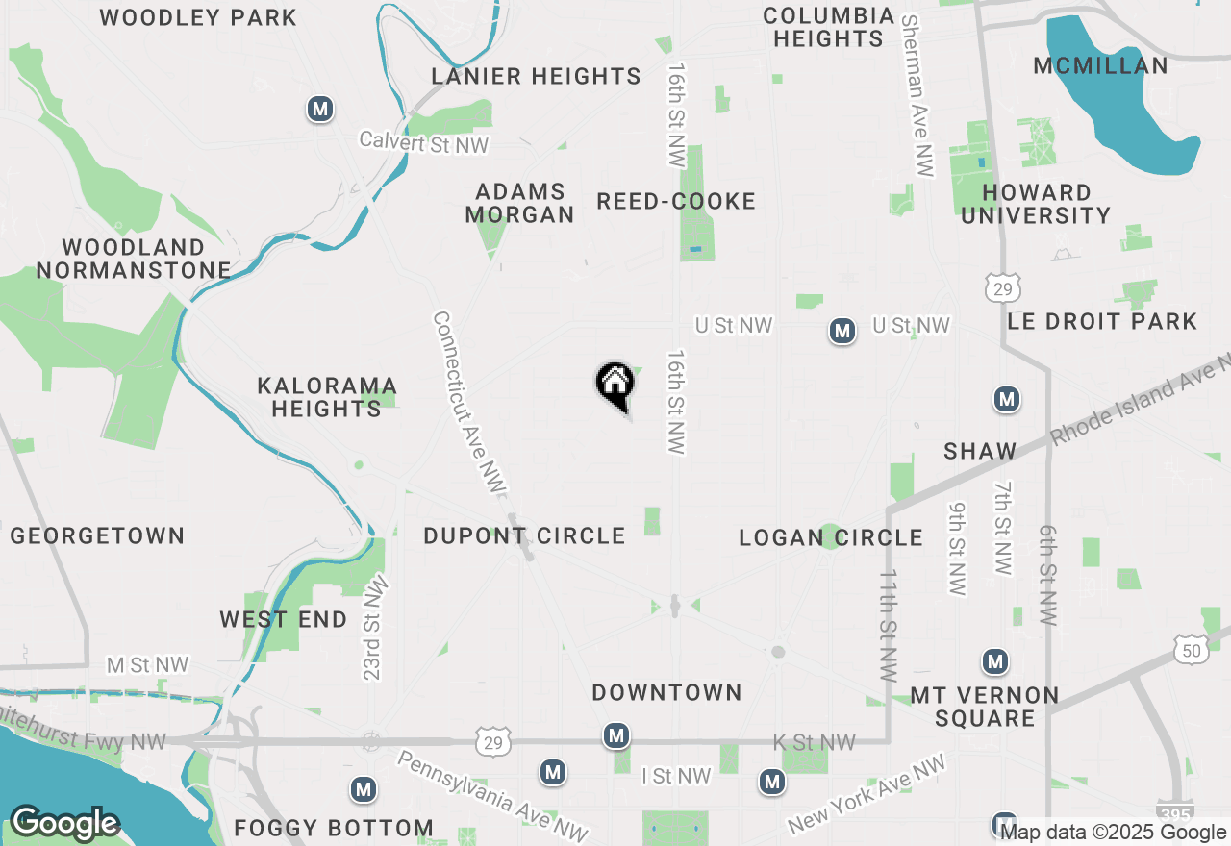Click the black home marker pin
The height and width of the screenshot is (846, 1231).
click(615, 385)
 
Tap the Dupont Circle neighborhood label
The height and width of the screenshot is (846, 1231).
click(524, 535)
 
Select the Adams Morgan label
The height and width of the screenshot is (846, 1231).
click(519, 203)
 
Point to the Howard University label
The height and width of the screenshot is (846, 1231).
click(1036, 204)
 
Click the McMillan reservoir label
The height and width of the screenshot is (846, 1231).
click(1100, 65)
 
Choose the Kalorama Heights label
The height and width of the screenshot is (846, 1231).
click(326, 397)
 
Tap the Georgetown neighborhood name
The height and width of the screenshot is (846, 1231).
click(97, 535)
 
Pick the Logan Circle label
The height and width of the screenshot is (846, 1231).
click(830, 537)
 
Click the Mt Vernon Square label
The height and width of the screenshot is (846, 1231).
click(970, 707)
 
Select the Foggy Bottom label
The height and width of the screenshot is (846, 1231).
click(333, 828)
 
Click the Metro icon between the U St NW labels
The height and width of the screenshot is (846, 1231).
click(842, 332)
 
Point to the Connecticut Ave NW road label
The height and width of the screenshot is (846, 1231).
click(468, 404)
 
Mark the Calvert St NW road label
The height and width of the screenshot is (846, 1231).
click(424, 142)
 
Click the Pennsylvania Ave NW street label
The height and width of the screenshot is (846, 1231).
click(490, 793)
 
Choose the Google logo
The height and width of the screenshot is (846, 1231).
click(64, 823)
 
